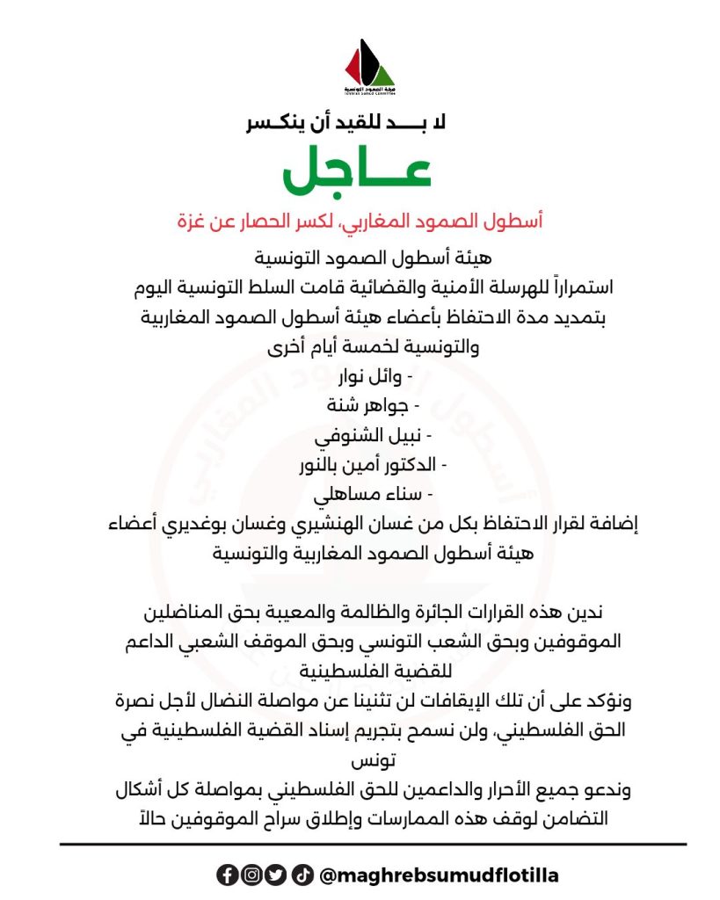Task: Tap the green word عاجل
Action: point(357,171)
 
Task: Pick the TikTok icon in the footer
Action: point(302,875)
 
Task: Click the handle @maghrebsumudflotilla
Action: point(439,875)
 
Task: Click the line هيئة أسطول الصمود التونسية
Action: point(364,259)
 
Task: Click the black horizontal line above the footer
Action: point(373,845)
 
